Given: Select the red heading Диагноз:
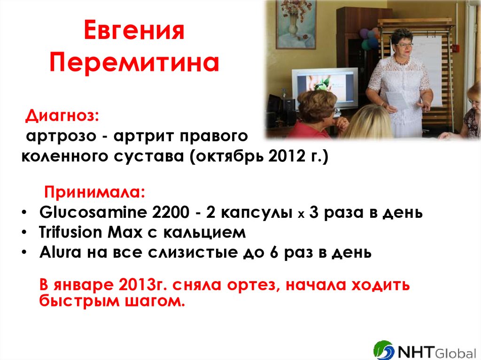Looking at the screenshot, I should (62, 115).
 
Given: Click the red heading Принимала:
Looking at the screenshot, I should (94, 192).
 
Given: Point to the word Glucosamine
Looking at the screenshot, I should (93, 212).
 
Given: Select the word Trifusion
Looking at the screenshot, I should (70, 232).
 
